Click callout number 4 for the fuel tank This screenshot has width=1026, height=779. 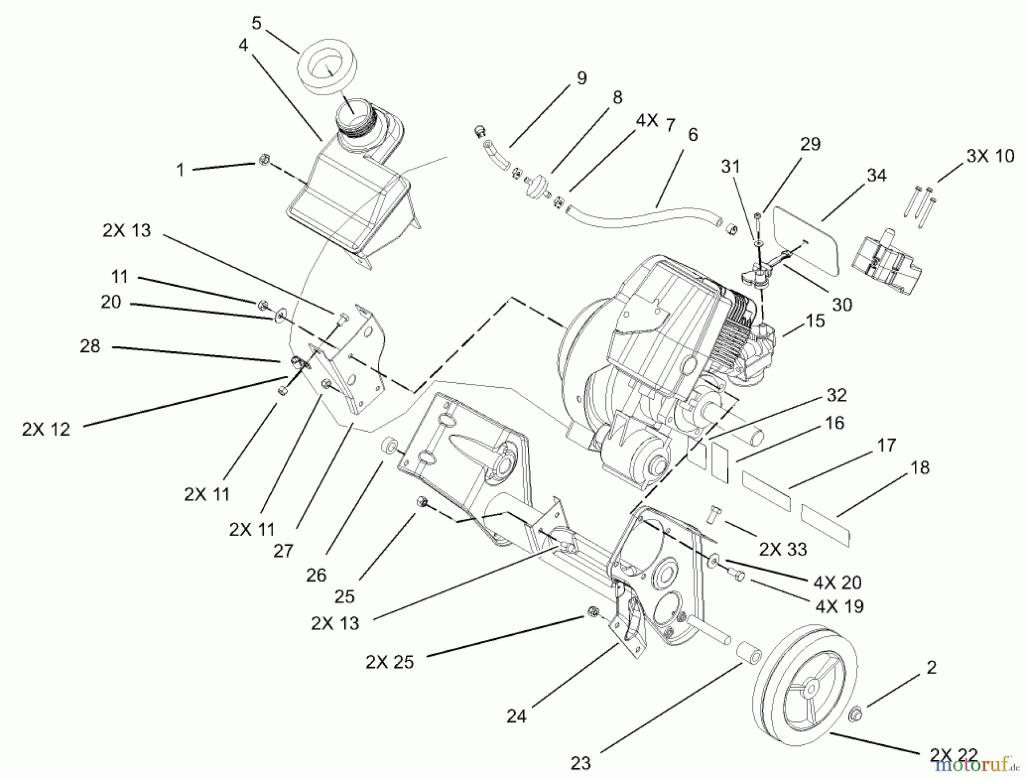[243, 45]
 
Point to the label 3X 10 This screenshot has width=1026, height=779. [990, 156]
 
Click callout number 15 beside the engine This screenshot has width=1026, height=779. [816, 320]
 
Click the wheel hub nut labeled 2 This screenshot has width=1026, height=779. [856, 713]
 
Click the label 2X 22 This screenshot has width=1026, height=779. [954, 754]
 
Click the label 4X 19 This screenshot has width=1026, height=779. [839, 606]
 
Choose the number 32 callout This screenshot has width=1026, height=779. [836, 395]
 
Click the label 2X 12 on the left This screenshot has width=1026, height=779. [46, 429]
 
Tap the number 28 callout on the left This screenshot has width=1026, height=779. [90, 346]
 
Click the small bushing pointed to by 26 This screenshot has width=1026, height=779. [390, 444]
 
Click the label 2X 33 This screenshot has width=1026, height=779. [783, 549]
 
